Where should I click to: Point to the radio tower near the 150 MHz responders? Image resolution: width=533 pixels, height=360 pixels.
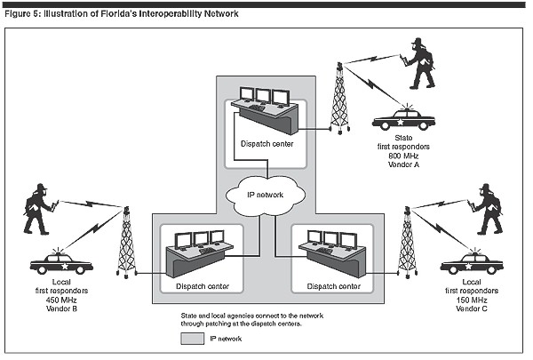(408, 242)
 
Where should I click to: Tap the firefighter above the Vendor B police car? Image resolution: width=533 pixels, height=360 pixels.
(38, 209)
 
